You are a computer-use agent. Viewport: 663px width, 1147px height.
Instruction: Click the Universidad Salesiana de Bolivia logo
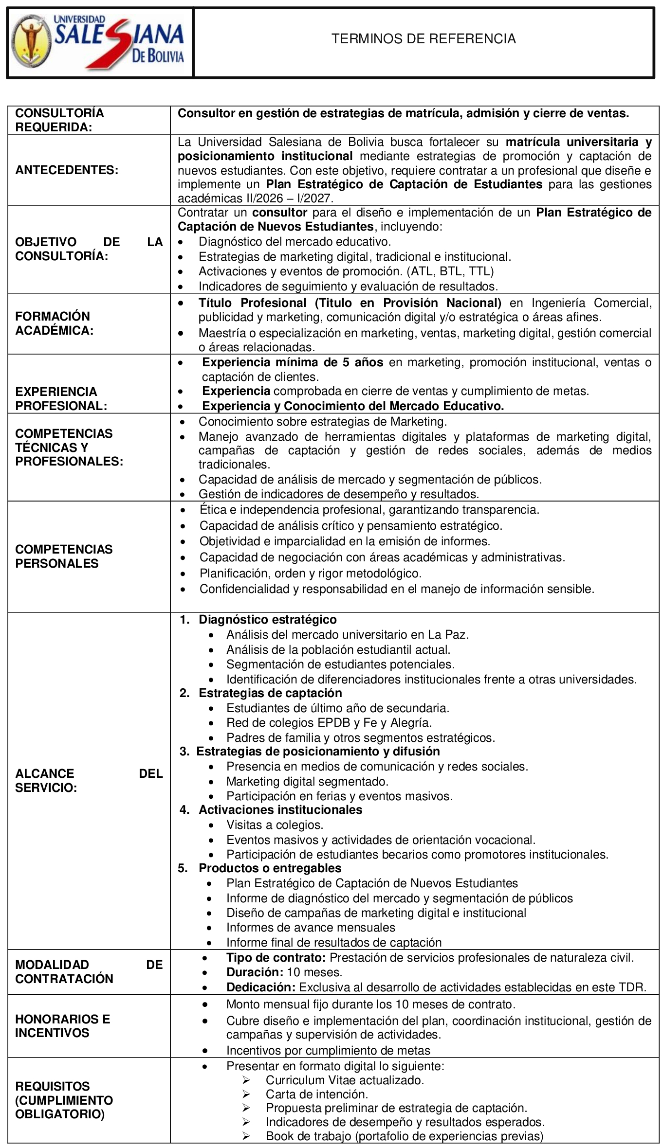(100, 43)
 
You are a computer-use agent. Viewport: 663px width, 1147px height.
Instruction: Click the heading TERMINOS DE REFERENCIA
(424, 39)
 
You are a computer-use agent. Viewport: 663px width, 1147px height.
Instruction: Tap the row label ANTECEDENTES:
(67, 170)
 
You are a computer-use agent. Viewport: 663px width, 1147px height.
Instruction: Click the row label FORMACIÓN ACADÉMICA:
(54, 323)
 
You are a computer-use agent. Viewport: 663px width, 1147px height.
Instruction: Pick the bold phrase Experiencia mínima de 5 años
(293, 362)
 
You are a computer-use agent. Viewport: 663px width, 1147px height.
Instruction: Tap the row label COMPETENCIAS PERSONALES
(64, 556)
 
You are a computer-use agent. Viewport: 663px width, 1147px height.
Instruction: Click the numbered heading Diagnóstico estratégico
(267, 619)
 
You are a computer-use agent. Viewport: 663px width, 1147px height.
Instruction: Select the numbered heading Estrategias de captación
(270, 693)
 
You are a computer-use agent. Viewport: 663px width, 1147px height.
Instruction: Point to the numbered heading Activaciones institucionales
(280, 809)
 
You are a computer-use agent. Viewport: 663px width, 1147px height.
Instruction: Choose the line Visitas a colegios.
(275, 824)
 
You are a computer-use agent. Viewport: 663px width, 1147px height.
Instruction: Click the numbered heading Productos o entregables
(270, 868)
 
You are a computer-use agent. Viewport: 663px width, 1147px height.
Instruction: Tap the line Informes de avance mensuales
(311, 927)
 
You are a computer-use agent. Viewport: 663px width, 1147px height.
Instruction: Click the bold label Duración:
(255, 972)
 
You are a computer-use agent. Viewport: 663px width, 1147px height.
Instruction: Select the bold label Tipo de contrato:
(276, 957)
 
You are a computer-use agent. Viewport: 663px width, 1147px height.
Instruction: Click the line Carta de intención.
(316, 1094)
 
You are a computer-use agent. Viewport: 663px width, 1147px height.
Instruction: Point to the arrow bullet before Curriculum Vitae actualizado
(246, 1080)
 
